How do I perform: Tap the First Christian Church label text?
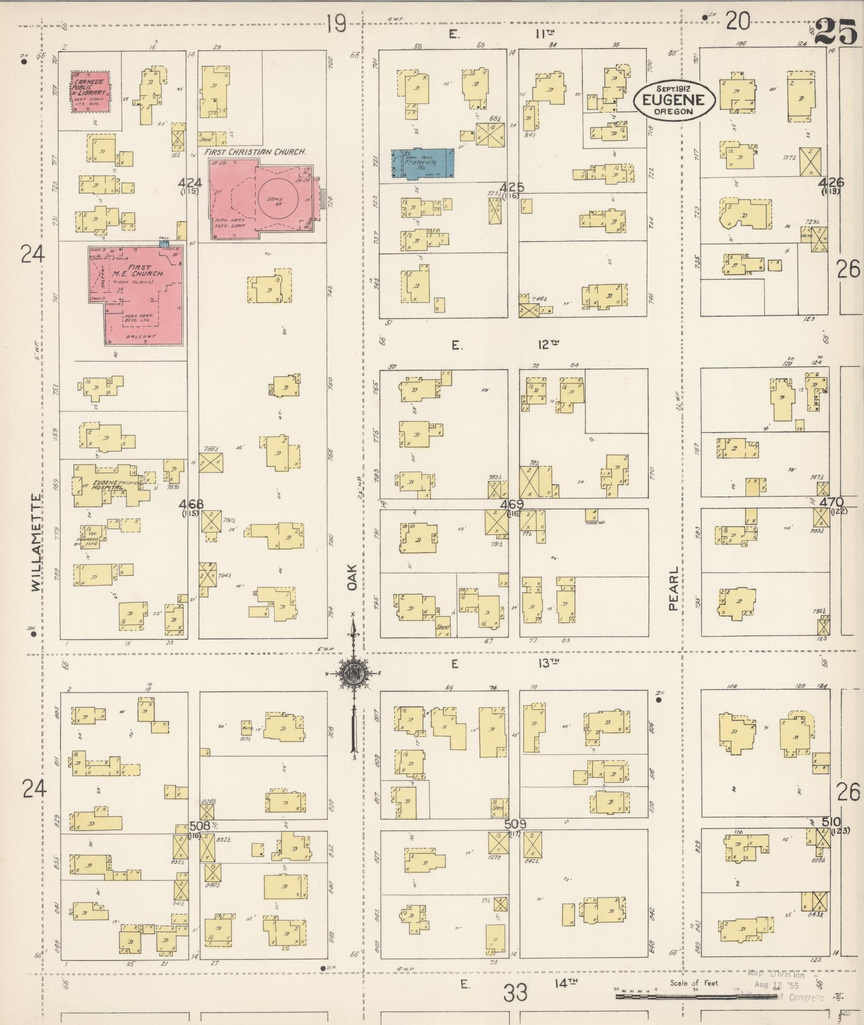pos(255,152)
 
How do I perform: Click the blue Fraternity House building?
pos(423,163)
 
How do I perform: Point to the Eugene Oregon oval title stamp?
pos(674,100)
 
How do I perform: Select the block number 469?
pos(512,504)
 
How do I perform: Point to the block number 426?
pos(830,183)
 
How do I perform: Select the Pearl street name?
pos(673,589)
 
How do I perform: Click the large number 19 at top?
pos(337,24)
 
